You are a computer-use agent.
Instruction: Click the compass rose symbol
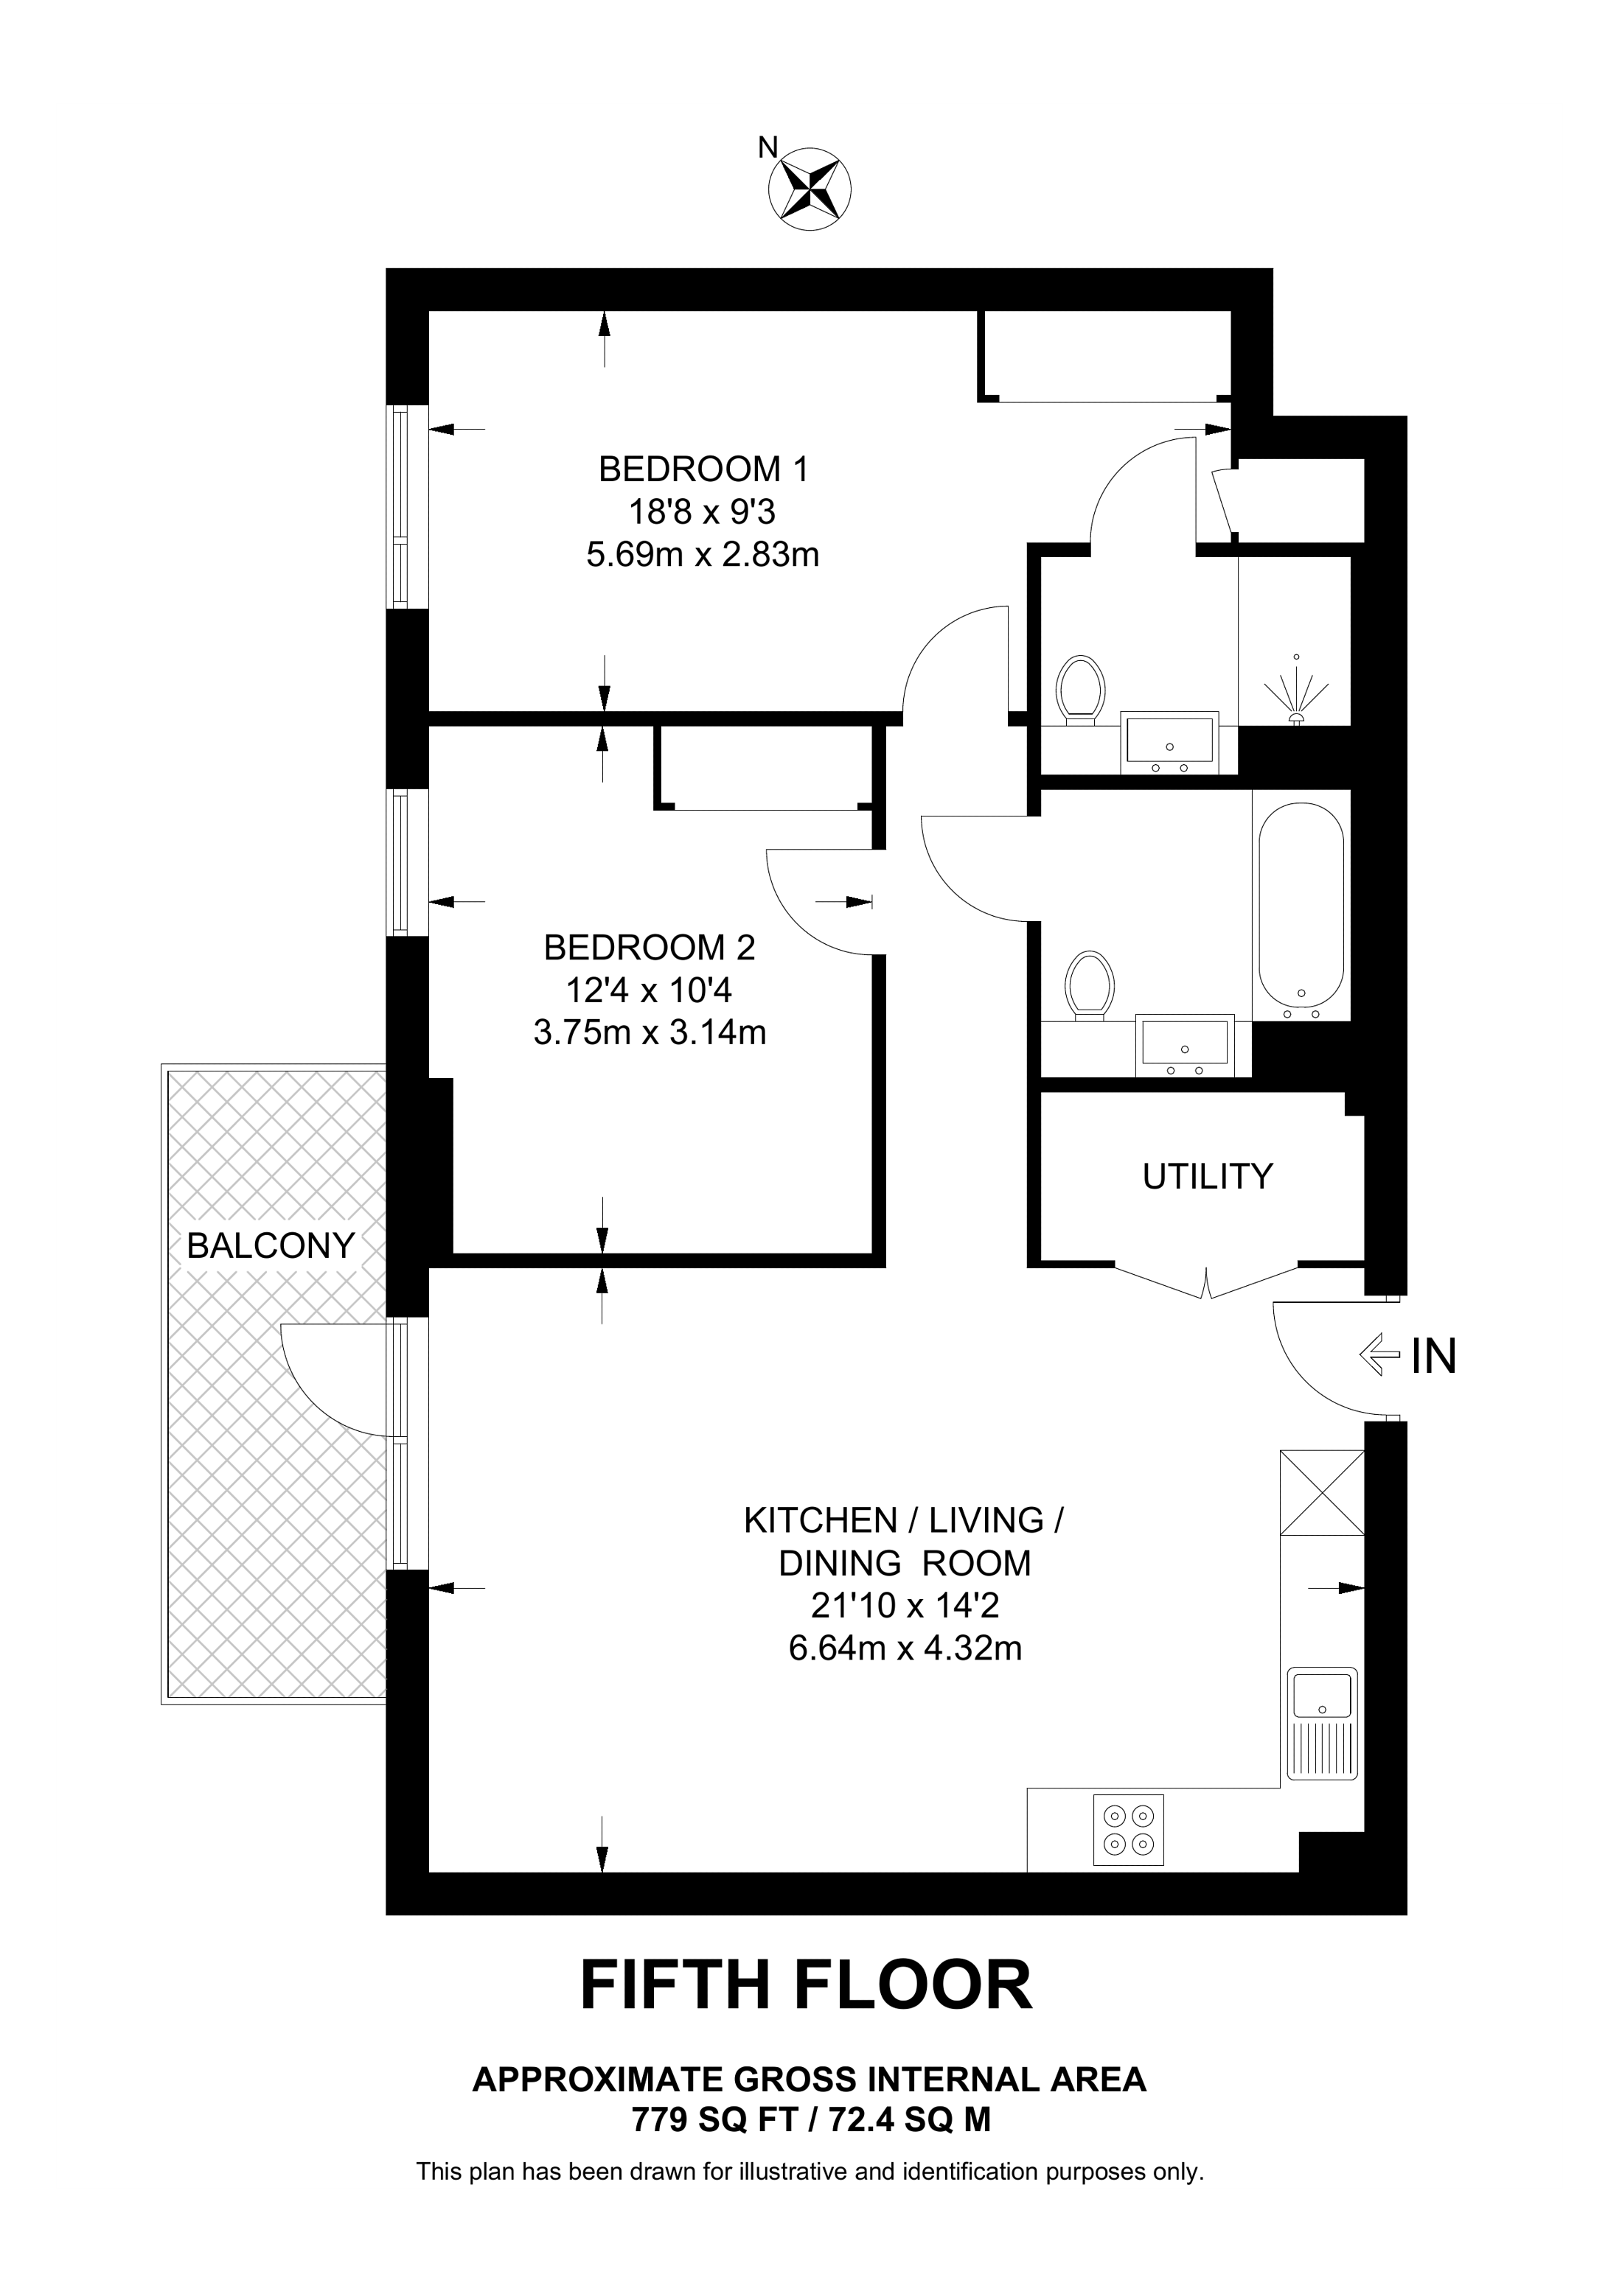pos(810,187)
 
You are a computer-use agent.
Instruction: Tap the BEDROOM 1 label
pos(703,469)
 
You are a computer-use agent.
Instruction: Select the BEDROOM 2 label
pos(650,946)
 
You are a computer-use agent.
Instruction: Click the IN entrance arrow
pos(1379,1356)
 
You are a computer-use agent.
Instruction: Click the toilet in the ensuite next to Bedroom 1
pos(1080,690)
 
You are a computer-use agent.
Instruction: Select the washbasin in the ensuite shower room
pos(1169,744)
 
